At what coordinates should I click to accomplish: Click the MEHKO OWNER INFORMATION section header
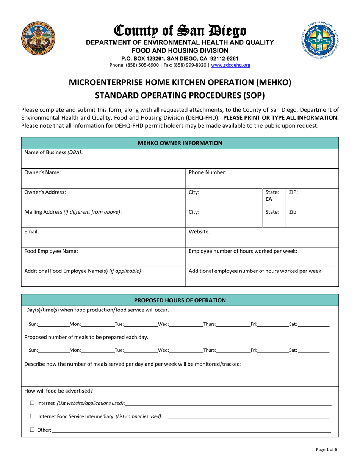(180, 143)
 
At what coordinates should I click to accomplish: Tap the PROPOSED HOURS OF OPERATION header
(180, 300)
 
